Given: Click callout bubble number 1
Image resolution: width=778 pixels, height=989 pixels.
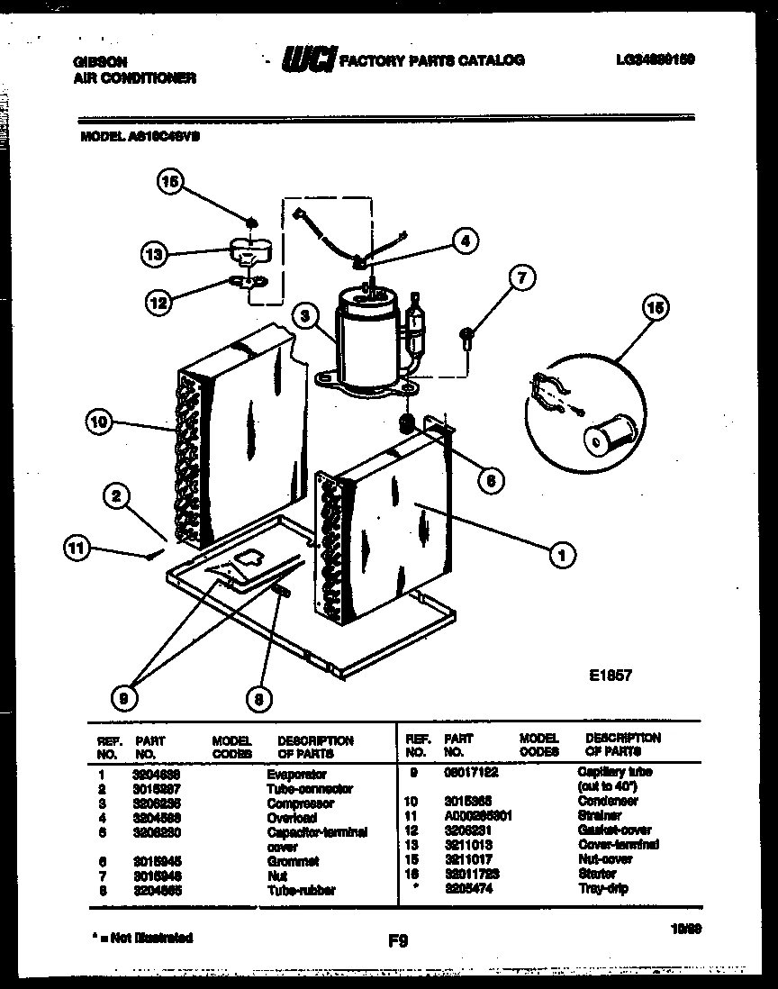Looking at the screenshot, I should tap(562, 556).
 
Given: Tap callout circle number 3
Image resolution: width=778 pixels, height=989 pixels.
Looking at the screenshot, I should tap(306, 315).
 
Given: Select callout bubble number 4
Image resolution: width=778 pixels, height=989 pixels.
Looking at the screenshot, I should tap(464, 240).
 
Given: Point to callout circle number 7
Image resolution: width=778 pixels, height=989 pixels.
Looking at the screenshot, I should tap(518, 277).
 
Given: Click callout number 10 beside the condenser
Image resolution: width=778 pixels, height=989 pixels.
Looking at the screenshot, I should tap(102, 420).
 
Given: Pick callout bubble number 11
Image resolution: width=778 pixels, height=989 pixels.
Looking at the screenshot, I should tap(79, 547).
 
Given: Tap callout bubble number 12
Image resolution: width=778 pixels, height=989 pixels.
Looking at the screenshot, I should tap(160, 304).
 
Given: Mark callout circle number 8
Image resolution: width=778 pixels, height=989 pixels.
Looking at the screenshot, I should tap(259, 697).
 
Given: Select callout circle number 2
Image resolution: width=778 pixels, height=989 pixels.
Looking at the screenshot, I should tap(117, 494).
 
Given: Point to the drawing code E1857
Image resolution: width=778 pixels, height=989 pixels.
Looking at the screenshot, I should tap(611, 674).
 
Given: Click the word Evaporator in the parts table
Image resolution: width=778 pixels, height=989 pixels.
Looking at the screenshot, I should tap(296, 774).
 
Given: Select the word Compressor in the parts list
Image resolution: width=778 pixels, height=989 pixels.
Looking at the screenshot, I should tap(300, 803).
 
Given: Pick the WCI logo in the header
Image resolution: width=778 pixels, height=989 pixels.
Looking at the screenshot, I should tap(309, 59).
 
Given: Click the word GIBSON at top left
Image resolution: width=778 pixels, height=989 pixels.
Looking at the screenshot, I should tap(99, 61).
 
